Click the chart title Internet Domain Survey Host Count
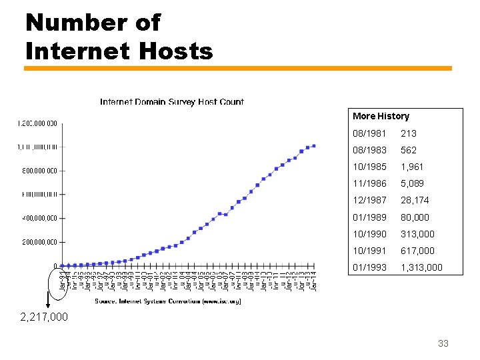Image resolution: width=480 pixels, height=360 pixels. (171, 102)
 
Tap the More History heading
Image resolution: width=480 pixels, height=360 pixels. (381, 116)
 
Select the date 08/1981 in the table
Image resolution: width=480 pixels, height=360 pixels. (369, 133)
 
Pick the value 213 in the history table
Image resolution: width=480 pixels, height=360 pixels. (408, 133)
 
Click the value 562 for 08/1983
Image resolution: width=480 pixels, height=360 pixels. (408, 150)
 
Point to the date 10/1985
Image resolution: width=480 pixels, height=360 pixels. (369, 167)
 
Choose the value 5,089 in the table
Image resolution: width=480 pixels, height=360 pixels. (412, 183)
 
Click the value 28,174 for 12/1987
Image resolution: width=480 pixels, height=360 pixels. (415, 200)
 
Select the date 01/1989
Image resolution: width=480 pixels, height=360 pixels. (369, 217)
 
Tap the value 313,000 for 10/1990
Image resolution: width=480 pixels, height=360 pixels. (417, 234)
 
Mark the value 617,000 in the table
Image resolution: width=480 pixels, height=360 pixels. (417, 251)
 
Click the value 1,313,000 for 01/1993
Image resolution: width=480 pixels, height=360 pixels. (421, 268)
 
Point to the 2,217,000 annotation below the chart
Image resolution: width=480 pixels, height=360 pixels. (45, 317)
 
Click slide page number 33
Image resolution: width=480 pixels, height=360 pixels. (443, 344)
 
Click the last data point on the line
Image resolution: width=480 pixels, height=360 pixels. (314, 146)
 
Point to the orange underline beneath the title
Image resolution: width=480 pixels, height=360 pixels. (238, 68)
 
